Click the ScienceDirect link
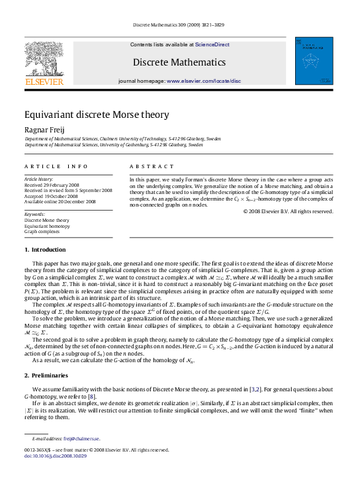(x=212, y=44)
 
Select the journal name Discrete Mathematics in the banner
(x=179, y=62)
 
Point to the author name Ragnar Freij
(x=44, y=130)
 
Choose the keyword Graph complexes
(x=44, y=232)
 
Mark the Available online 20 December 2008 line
(x=60, y=201)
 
